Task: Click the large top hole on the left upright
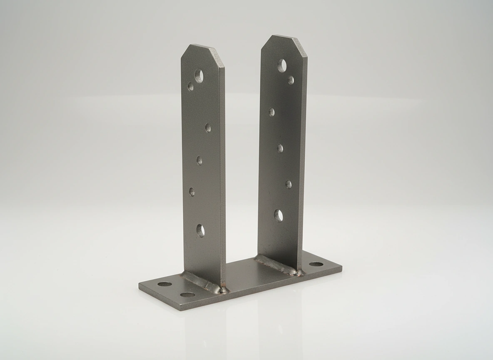(199, 75)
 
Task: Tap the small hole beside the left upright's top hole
(191, 86)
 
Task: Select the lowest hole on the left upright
(200, 230)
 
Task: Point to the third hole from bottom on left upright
(199, 160)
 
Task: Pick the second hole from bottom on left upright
(192, 192)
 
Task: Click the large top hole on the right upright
(282, 65)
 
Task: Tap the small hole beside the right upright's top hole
(291, 80)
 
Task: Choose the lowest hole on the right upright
(279, 215)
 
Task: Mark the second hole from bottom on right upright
(288, 184)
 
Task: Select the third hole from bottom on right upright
(280, 148)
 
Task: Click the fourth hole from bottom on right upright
(271, 112)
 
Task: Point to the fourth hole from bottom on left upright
(208, 128)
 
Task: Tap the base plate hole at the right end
(316, 264)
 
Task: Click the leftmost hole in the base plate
(164, 284)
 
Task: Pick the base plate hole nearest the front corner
(188, 295)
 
